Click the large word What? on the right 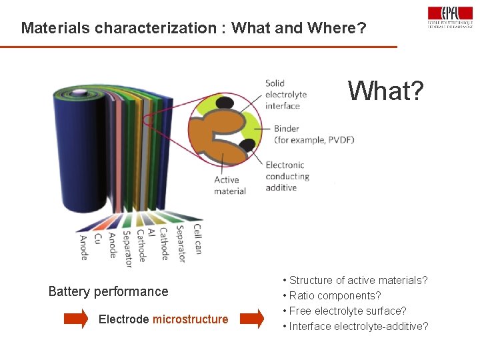(385, 91)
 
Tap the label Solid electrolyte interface (283, 95)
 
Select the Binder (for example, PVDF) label (313, 134)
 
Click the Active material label (230, 185)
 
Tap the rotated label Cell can (197, 239)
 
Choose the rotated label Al (151, 233)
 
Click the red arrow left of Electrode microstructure (75, 319)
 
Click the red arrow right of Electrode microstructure (251, 319)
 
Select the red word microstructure (190, 319)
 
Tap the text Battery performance (108, 291)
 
